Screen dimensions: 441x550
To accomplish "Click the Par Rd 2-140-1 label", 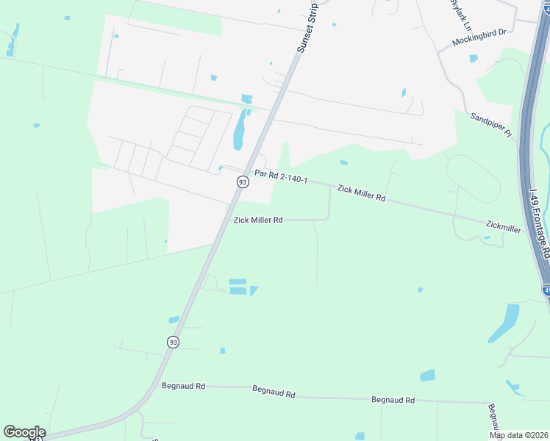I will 280,176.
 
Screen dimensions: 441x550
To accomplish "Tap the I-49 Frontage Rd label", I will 539,220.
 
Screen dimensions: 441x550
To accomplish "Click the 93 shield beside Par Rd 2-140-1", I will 242,182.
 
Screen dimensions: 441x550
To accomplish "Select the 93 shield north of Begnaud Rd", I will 173,342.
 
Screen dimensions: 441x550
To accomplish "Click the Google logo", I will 24,432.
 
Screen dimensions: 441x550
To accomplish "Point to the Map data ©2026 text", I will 518,435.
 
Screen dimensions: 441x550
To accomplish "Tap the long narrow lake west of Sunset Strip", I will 240,131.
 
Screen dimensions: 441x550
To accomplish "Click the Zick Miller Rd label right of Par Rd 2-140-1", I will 361,193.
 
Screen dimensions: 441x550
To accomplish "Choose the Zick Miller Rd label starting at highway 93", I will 258,220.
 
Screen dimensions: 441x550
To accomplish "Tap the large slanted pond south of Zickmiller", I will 504,323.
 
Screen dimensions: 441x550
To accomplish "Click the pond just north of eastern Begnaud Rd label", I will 427,376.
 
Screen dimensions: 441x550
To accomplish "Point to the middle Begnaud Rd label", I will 274,392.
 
